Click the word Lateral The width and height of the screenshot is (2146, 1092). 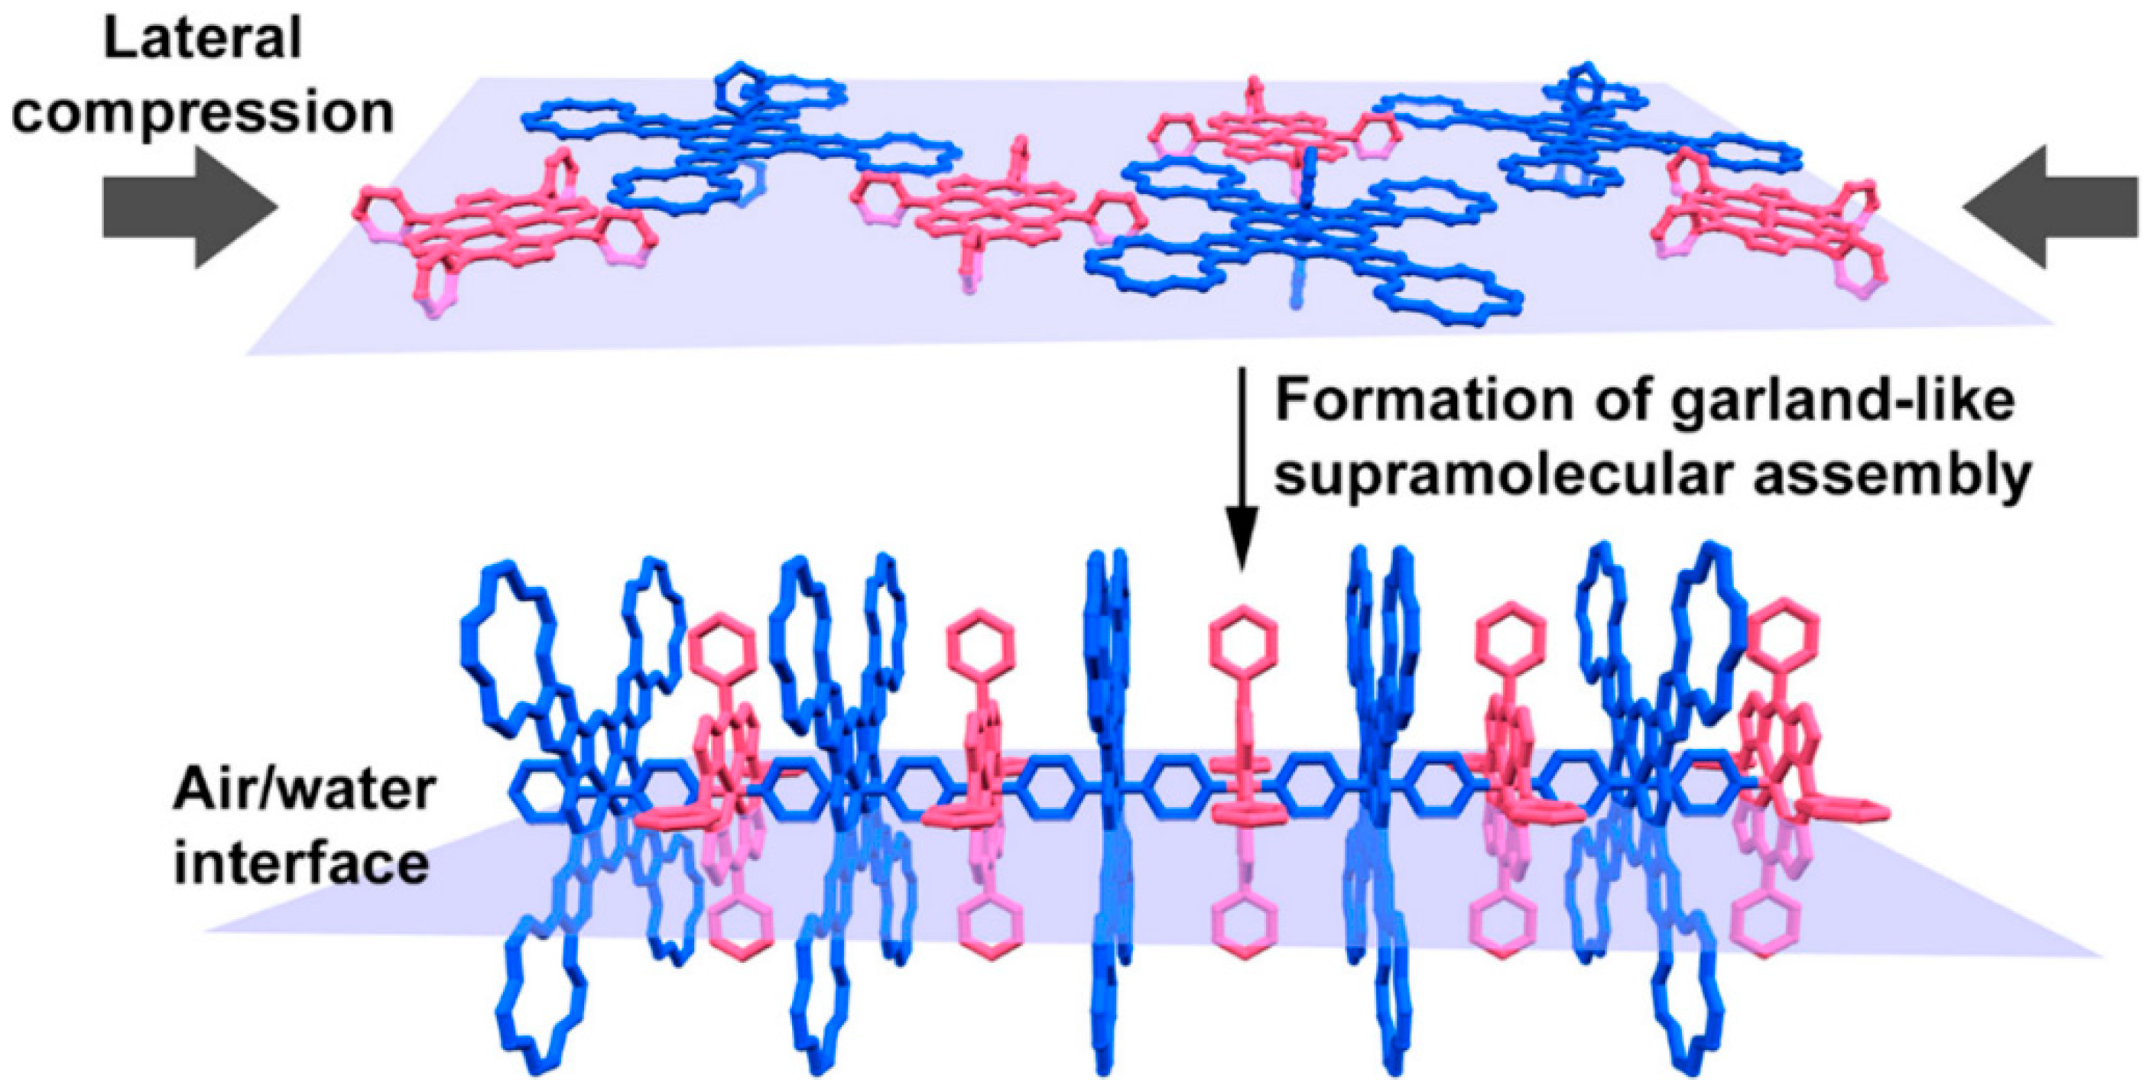coord(203,39)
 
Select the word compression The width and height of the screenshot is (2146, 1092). coord(203,113)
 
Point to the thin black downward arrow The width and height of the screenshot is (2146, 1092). coord(1242,466)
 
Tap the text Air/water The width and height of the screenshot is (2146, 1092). coord(305,789)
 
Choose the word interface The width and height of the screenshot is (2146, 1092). coord(301,863)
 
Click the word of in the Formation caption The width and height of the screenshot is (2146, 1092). coord(1598,402)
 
